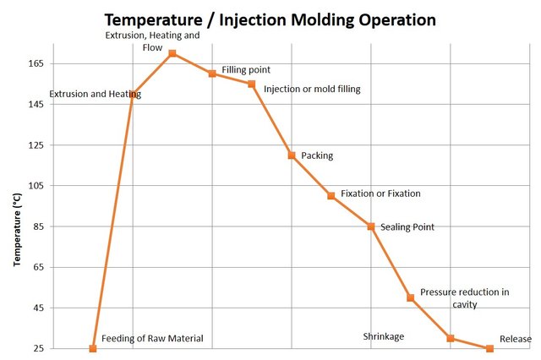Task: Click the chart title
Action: click(x=270, y=18)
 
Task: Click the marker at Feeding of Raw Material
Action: click(x=93, y=348)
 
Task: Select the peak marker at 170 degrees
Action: click(x=172, y=53)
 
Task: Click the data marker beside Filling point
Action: click(x=212, y=74)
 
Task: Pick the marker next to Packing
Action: click(x=292, y=155)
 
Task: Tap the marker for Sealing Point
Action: click(x=371, y=226)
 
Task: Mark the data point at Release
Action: click(x=489, y=348)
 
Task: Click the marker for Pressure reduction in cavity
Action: click(x=411, y=297)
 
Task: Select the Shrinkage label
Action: click(x=384, y=336)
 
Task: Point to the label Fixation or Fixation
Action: click(x=380, y=194)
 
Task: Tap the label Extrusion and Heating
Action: click(x=95, y=95)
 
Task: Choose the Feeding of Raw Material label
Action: click(x=152, y=339)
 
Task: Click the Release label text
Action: click(x=516, y=339)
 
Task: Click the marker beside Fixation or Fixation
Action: click(x=331, y=196)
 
